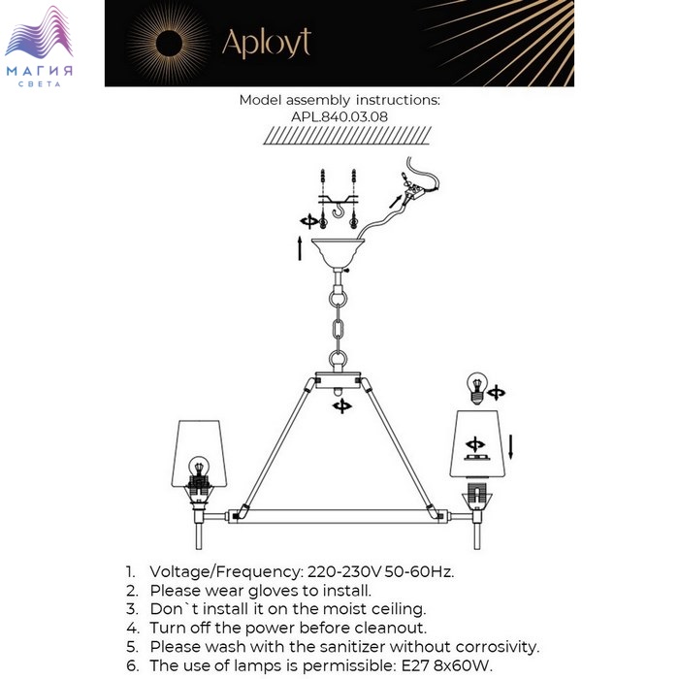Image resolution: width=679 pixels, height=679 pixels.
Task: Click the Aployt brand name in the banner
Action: tap(267, 44)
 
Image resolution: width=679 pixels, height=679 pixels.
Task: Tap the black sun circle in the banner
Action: tap(169, 44)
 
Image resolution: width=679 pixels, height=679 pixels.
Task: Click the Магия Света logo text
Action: tap(40, 76)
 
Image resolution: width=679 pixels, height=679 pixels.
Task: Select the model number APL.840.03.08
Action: tap(339, 116)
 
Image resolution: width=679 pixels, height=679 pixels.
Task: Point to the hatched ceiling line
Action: tap(347, 135)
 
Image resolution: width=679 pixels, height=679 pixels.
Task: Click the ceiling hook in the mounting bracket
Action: tap(339, 210)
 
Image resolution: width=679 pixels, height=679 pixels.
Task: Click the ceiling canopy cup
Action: tap(339, 253)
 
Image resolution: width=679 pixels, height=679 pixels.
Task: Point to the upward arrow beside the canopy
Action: tap(299, 248)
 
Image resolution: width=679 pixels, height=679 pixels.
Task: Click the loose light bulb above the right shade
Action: tap(476, 388)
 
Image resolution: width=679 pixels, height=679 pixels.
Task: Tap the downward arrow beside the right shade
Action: tap(511, 447)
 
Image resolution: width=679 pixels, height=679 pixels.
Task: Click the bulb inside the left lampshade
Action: tap(199, 467)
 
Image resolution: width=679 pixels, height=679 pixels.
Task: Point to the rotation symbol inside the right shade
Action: tap(475, 444)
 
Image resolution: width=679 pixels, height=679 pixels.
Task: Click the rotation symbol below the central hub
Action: tap(342, 406)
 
